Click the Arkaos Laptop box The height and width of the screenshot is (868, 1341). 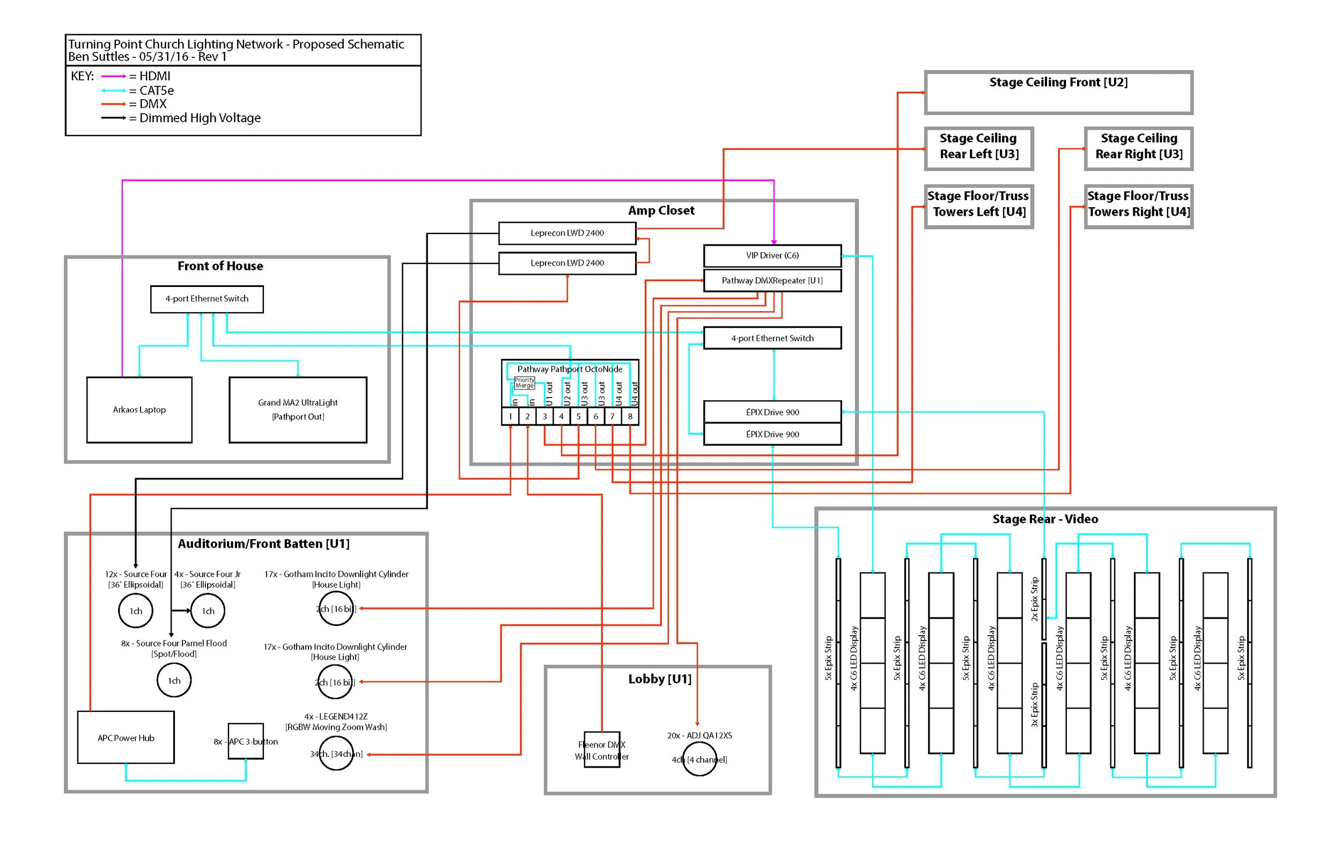tap(139, 410)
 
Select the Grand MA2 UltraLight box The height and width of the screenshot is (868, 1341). tap(298, 410)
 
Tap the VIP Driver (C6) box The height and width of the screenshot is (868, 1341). tap(772, 255)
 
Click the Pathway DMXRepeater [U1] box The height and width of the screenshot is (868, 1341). tap(772, 281)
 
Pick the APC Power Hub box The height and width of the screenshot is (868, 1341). tap(126, 738)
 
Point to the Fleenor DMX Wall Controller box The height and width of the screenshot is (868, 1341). tap(602, 749)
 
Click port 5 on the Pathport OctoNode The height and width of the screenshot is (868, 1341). tap(578, 416)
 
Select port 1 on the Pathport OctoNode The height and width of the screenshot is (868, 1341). tap(511, 416)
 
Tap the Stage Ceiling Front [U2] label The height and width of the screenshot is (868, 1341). tap(1058, 82)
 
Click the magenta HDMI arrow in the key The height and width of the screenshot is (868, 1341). tap(113, 76)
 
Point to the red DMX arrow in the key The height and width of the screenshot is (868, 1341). tap(113, 104)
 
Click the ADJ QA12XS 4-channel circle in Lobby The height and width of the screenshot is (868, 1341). tap(699, 759)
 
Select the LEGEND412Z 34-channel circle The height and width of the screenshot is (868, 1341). tap(336, 754)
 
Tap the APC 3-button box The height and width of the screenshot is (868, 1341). tap(246, 741)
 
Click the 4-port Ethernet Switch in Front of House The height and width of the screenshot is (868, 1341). tap(207, 299)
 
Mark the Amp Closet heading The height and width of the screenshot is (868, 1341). tap(661, 211)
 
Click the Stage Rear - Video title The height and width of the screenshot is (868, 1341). tap(1045, 519)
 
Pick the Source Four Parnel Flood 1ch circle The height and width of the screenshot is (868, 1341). tap(174, 680)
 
